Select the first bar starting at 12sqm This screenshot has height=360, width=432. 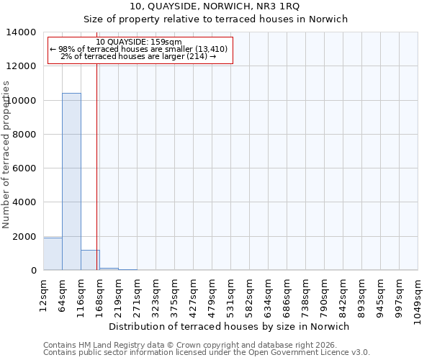pyautogui.click(x=53, y=254)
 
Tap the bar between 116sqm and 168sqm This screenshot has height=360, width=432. pyautogui.click(x=90, y=260)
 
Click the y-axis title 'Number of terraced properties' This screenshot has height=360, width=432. pyautogui.click(x=7, y=155)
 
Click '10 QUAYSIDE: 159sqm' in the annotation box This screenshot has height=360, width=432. pyautogui.click(x=139, y=42)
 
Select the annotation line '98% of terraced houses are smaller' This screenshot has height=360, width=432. pyautogui.click(x=139, y=49)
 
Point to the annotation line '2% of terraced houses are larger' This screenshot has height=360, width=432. pyautogui.click(x=139, y=56)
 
